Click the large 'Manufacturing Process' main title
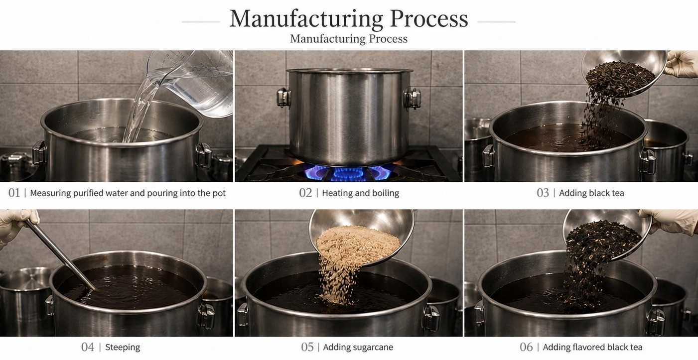[349, 19]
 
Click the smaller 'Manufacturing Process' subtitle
[349, 39]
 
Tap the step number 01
[14, 193]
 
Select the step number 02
[305, 193]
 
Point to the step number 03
[543, 193]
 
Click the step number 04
[88, 347]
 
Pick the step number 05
[307, 347]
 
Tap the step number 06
[526, 347]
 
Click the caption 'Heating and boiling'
[361, 193]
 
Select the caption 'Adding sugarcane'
[358, 347]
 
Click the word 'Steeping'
[123, 347]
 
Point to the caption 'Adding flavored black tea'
[592, 347]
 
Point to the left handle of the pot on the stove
[283, 98]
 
